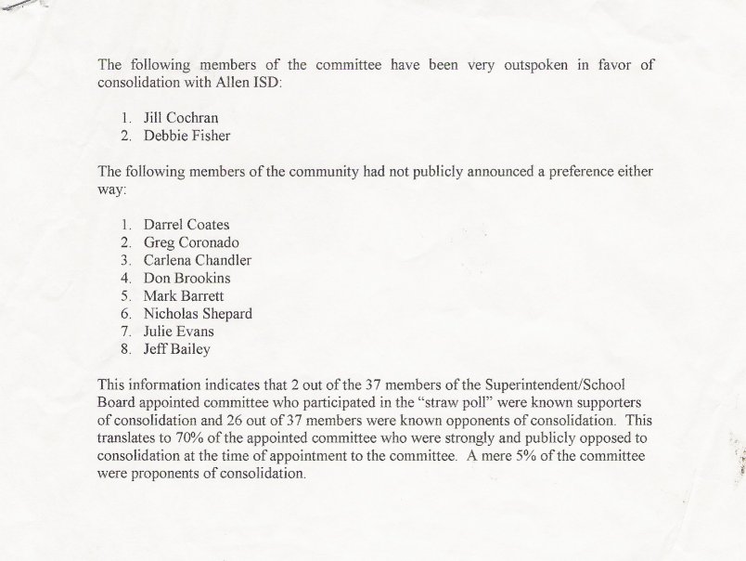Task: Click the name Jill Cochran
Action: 182,118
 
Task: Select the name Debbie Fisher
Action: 187,136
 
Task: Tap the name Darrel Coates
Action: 186,225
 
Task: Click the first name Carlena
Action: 169,260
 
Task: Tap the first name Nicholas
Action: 172,314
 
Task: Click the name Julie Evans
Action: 179,332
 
